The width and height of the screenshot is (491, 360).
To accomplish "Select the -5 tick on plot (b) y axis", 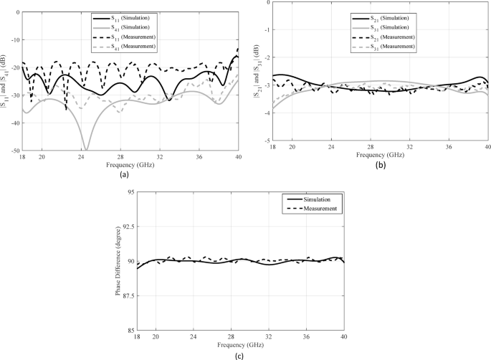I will coord(267,142).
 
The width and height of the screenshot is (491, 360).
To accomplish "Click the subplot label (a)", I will coord(124,174).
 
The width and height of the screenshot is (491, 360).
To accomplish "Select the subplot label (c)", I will coord(238,354).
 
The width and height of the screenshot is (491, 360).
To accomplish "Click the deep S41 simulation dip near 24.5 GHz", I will coord(86,148).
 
